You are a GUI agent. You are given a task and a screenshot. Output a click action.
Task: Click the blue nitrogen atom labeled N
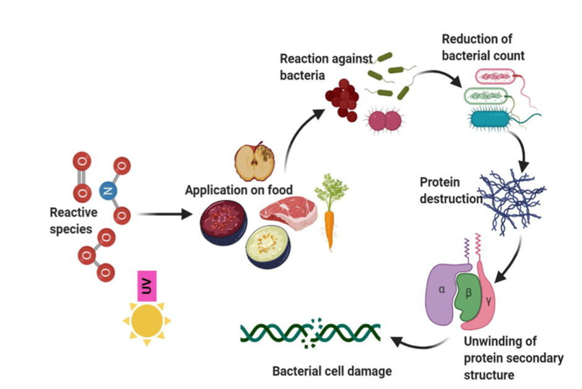point(108,191)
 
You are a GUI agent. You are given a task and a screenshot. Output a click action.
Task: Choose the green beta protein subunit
point(467,292)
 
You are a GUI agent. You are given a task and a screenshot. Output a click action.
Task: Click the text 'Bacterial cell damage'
point(332,371)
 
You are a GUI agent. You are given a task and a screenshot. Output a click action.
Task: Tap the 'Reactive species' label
point(74,221)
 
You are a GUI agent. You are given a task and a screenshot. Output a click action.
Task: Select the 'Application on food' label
point(239,190)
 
